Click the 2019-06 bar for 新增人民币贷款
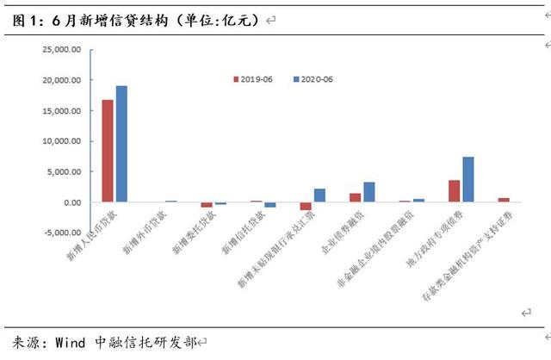(x=107, y=151)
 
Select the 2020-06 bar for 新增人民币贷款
(x=121, y=144)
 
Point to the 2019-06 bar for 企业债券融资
(x=355, y=198)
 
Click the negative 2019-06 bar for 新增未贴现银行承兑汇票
(x=306, y=206)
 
